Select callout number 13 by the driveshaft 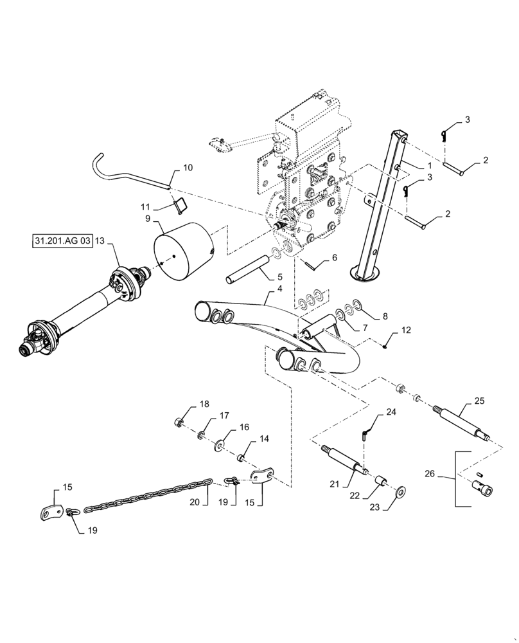[x=100, y=241]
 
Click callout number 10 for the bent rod [x=188, y=168]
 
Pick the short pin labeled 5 [x=248, y=270]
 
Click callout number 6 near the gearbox [x=334, y=258]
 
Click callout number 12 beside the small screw [x=405, y=331]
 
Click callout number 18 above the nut [x=204, y=404]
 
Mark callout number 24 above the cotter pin [x=391, y=412]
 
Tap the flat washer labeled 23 [x=401, y=493]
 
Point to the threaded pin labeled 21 [x=344, y=460]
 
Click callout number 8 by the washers [x=385, y=316]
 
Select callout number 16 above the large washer [x=244, y=427]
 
